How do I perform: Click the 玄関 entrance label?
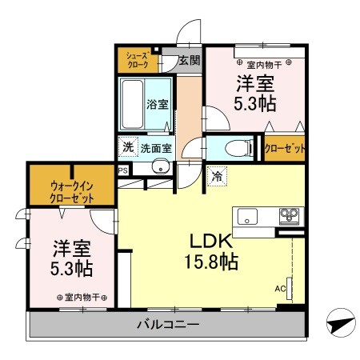pos(189,60)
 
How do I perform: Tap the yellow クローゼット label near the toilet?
pos(284,148)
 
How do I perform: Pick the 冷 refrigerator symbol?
pos(218,178)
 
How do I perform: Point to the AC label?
pos(280,288)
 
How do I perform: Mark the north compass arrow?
pos(341,324)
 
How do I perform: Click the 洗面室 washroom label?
pos(156,147)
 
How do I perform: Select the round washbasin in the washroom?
pos(160,167)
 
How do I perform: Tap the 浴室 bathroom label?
pos(157,104)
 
